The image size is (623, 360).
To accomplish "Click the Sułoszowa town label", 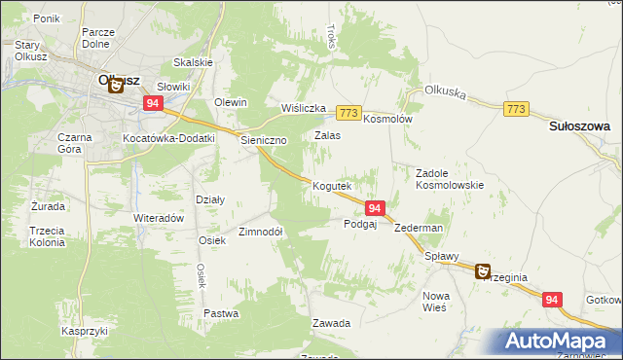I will coord(579,126).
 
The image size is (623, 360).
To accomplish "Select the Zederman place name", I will coord(420,228).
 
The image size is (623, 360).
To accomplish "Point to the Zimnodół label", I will coord(260,233).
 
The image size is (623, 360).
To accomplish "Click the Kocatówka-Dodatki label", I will coord(168,139).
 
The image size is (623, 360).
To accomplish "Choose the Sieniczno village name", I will coord(264,140).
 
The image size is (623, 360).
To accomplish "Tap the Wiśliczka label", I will coord(302,108).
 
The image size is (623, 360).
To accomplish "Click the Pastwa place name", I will coord(222,313).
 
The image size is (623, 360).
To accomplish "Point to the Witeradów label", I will coord(159,218).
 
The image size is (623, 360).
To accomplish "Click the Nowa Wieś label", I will coord(434,301).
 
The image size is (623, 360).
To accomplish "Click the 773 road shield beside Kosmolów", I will coord(350,112).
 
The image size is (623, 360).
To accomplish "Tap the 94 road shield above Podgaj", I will coord(377,207).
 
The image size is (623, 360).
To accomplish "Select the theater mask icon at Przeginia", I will coord(482,272).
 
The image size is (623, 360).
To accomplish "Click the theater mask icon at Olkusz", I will coord(115,85).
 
